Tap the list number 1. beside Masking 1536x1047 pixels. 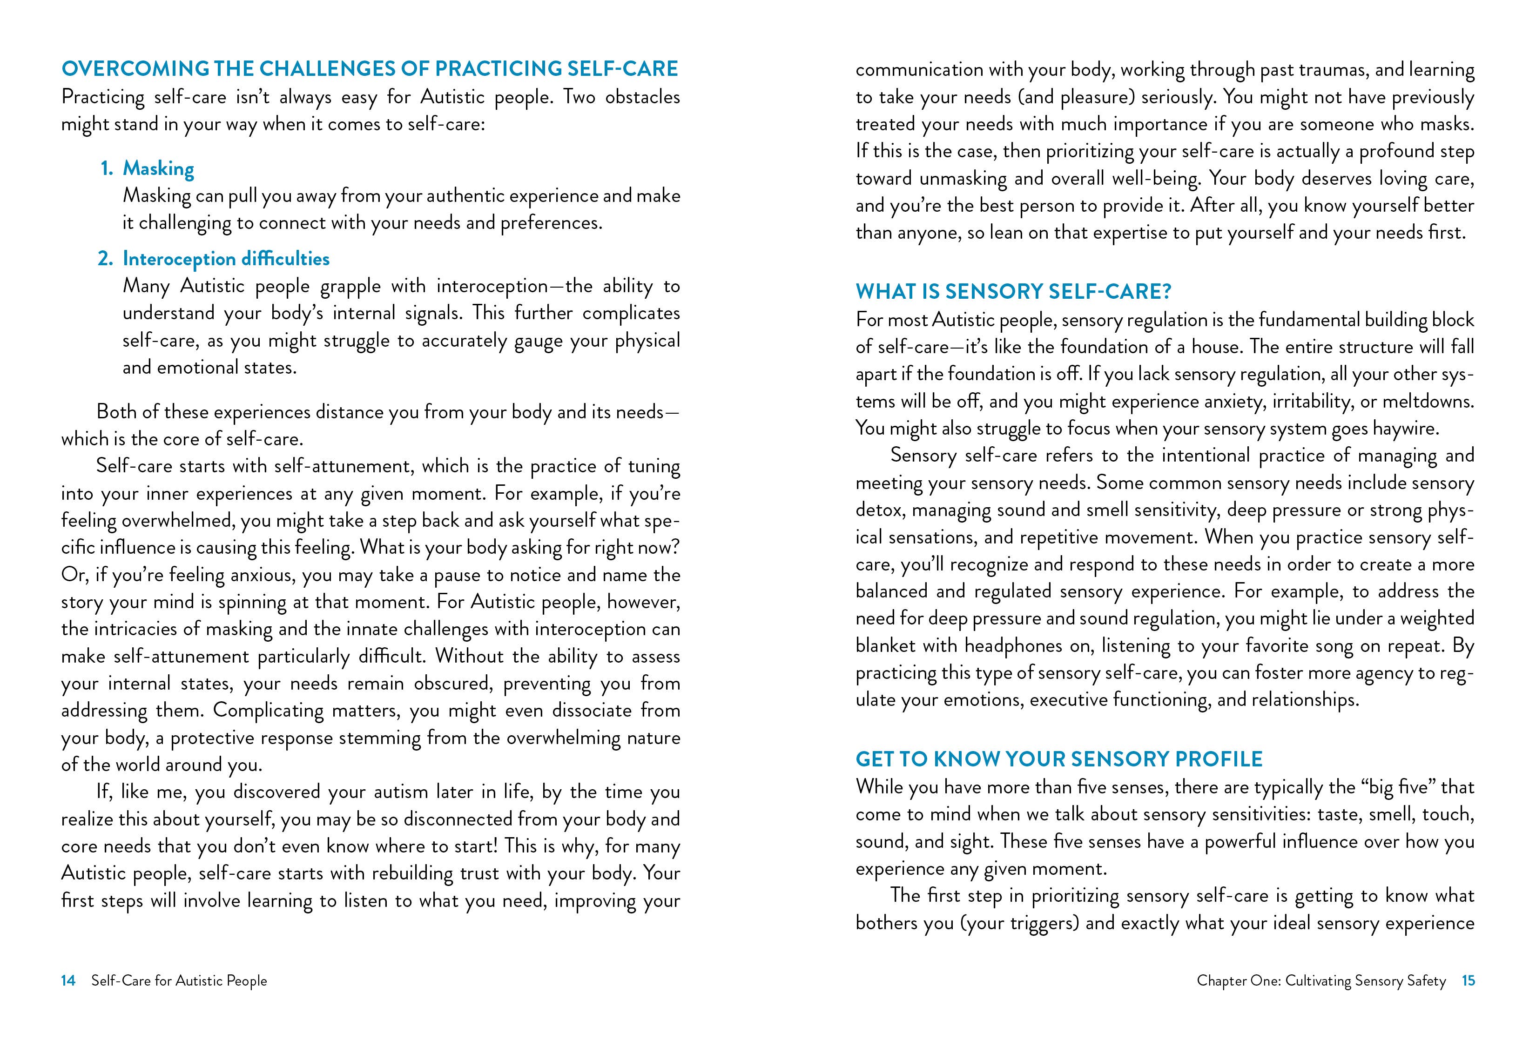click(x=107, y=168)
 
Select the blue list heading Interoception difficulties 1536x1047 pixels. click(x=226, y=258)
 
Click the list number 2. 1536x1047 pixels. click(x=105, y=258)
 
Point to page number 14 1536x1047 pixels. click(x=68, y=980)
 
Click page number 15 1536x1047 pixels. click(x=1468, y=980)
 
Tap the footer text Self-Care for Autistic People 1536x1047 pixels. click(x=179, y=980)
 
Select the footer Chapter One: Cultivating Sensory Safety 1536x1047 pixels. click(x=1321, y=980)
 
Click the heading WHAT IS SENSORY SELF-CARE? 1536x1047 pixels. click(x=1013, y=291)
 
